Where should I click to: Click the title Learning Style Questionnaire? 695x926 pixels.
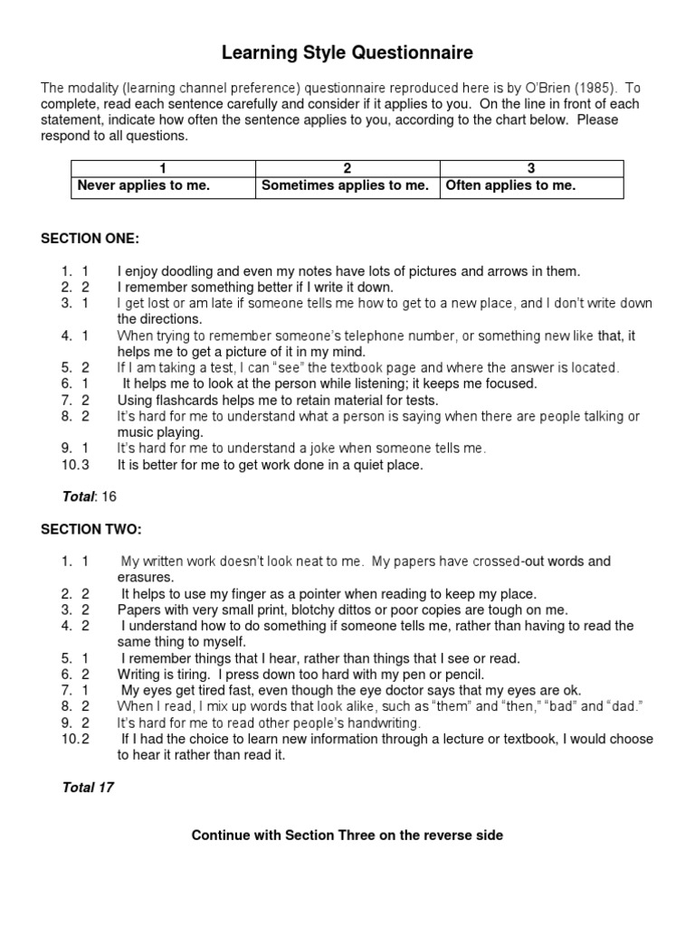(x=347, y=54)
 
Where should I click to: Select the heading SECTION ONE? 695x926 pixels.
(x=90, y=239)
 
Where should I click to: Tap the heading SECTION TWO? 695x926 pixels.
(x=90, y=529)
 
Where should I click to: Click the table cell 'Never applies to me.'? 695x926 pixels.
(x=144, y=186)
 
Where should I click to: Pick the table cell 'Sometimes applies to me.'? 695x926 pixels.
(x=345, y=186)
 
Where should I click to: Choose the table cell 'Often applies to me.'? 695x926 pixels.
(x=509, y=186)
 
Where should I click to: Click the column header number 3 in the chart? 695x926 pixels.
(x=531, y=168)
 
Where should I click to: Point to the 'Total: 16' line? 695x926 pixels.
(x=90, y=496)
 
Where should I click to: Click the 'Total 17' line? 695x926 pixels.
(x=88, y=787)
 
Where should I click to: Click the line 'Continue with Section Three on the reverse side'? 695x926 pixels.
(x=347, y=835)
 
